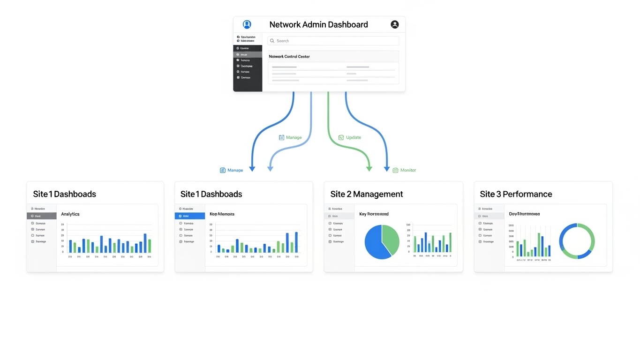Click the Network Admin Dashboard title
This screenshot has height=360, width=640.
coord(318,24)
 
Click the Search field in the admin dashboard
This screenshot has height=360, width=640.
coord(333,41)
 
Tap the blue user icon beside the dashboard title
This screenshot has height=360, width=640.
coord(247,24)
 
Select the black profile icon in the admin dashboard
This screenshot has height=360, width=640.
coord(395,24)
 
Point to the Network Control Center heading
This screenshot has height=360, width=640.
coord(289,57)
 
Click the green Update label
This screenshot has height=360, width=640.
coord(354,137)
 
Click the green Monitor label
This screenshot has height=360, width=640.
coord(408,170)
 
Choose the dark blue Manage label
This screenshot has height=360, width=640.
coord(235,170)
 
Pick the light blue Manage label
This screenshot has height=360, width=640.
coord(294,137)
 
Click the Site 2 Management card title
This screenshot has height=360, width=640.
coord(367,194)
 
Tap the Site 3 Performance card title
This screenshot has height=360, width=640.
coord(516,194)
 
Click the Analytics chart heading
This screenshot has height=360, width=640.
coord(70,214)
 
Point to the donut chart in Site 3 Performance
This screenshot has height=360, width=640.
coord(577,241)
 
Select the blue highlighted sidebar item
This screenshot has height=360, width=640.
coord(190,216)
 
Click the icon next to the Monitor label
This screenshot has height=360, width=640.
coord(395,170)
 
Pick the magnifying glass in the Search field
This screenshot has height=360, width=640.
coord(272,41)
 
